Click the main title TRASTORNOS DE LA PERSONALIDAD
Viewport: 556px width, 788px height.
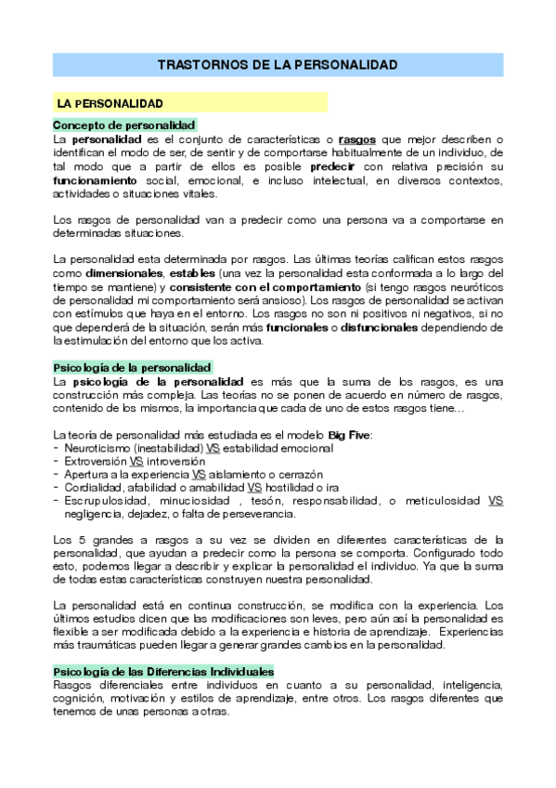click(278, 65)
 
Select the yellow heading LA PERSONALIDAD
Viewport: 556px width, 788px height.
click(110, 102)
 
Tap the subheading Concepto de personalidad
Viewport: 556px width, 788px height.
click(123, 125)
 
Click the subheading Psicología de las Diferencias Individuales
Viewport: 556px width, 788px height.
click(163, 671)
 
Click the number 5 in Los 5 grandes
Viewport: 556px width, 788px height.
click(75, 540)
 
